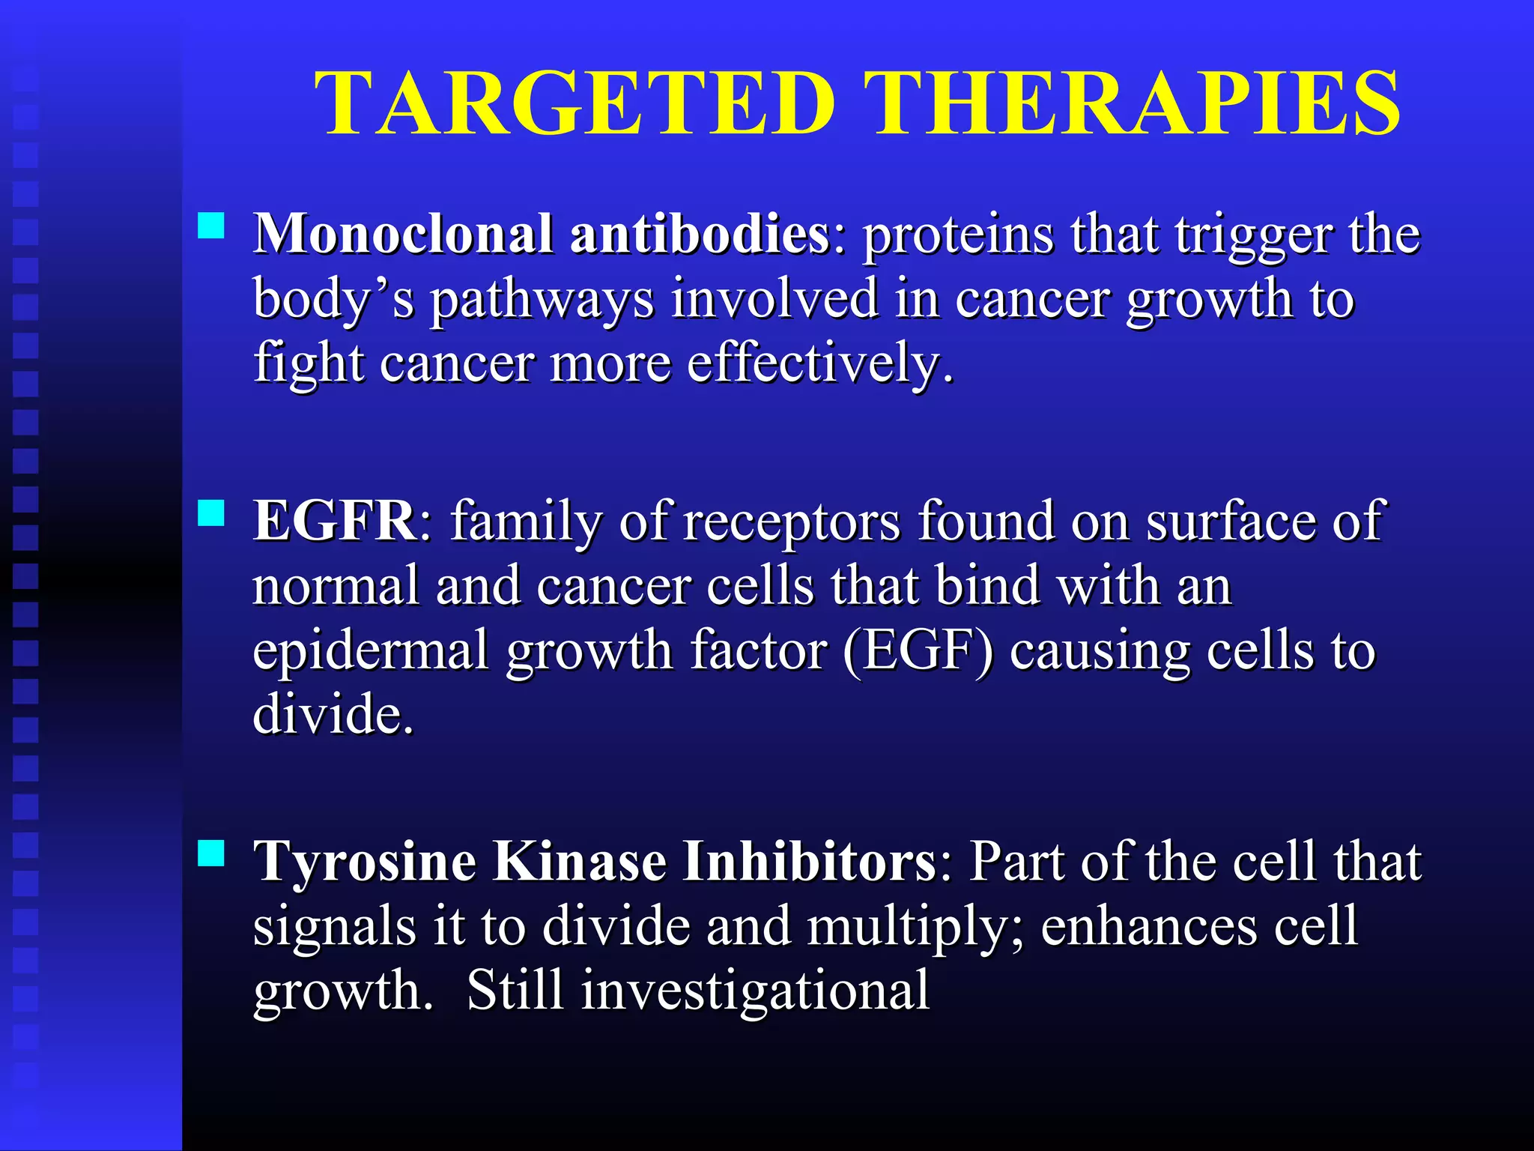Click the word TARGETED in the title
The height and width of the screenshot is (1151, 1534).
tap(575, 103)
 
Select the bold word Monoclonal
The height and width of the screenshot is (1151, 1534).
tap(403, 234)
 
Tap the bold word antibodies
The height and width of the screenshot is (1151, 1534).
tap(700, 234)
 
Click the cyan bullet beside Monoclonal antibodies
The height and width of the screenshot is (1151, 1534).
tap(211, 225)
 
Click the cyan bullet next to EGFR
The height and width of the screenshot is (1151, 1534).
tap(211, 513)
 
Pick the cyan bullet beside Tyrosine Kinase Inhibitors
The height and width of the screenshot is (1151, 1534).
tap(211, 853)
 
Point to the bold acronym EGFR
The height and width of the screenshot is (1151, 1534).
tap(335, 520)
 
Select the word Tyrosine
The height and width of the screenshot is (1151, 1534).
tap(365, 862)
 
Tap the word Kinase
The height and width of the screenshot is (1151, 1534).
tap(579, 862)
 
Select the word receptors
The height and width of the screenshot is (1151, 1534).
tap(792, 522)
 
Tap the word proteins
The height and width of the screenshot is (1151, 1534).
tap(958, 235)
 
